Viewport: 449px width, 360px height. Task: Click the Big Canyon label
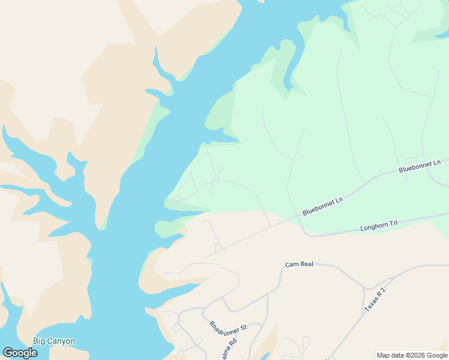click(x=54, y=341)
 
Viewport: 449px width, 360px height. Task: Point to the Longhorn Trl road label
click(x=379, y=227)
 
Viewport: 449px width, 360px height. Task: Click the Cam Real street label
click(x=300, y=264)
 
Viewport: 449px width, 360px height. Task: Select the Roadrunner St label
click(x=228, y=328)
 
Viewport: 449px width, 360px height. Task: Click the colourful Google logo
click(x=20, y=352)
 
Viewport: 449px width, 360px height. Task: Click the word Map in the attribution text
click(x=384, y=355)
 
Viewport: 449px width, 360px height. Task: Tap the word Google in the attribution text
click(x=437, y=355)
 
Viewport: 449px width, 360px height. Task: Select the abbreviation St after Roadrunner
click(x=244, y=329)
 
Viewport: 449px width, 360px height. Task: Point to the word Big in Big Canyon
click(x=39, y=341)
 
